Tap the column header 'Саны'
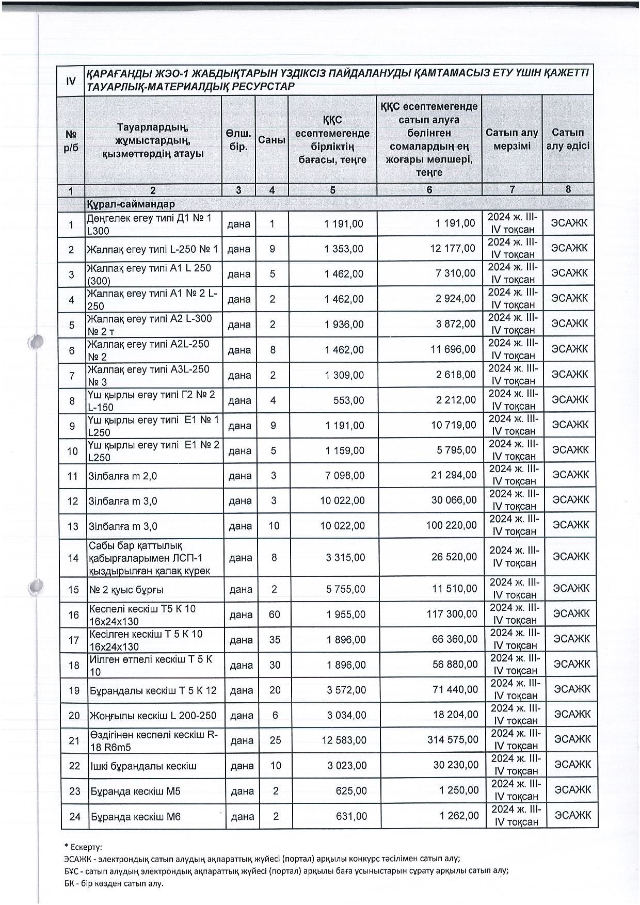(x=271, y=140)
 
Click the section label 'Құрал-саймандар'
(x=131, y=204)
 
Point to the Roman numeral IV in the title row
(x=71, y=80)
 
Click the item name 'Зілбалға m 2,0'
(x=122, y=476)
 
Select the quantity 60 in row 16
(x=274, y=615)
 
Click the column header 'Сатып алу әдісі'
(x=568, y=139)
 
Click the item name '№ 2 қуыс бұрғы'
(x=126, y=589)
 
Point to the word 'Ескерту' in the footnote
(x=85, y=847)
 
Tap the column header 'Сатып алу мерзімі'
(x=511, y=139)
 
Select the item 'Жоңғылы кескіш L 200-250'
(x=153, y=716)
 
